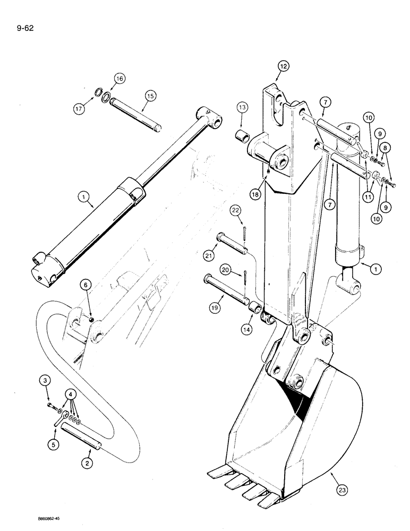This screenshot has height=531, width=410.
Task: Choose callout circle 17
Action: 80,109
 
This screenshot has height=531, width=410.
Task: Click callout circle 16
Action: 118,79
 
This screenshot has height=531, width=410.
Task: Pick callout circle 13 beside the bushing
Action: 243,108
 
